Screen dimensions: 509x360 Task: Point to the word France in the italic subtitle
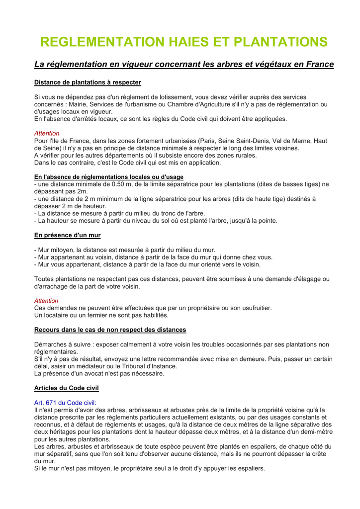tap(320, 65)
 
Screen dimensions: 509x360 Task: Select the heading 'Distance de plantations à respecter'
tap(88, 83)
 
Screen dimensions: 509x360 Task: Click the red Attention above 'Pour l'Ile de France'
tap(47, 133)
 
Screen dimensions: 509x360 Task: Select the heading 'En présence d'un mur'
tap(67, 235)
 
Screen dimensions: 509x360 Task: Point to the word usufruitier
tap(251, 308)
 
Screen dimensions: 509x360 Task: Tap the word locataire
tap(56, 315)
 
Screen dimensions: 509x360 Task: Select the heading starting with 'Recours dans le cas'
tap(110, 330)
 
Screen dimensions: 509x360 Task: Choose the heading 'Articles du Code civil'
tap(67, 388)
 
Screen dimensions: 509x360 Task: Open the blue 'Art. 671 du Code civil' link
tap(65, 403)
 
